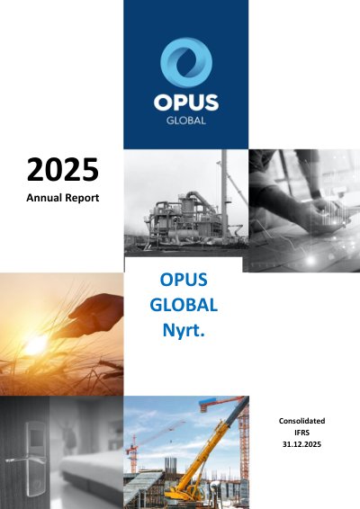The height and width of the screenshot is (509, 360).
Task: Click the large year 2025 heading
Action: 63,169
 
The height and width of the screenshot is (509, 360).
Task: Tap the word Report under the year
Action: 82,199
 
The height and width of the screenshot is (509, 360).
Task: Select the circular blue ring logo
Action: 186,62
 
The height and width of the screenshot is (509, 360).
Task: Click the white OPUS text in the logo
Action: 186,103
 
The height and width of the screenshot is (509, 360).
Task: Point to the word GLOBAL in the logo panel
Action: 186,121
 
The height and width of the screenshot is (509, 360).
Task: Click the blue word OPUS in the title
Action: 184,280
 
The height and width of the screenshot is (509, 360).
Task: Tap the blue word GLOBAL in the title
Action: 184,305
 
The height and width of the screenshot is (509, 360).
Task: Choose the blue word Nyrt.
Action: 184,330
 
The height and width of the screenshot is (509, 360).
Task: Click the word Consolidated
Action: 301,421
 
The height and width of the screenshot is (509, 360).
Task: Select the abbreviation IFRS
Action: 301,433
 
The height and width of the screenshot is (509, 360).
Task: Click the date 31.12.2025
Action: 301,444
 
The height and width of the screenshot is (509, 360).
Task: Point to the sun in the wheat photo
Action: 35,344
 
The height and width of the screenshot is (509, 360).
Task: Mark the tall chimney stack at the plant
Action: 224,195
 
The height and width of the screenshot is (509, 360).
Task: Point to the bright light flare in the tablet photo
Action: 310,260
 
